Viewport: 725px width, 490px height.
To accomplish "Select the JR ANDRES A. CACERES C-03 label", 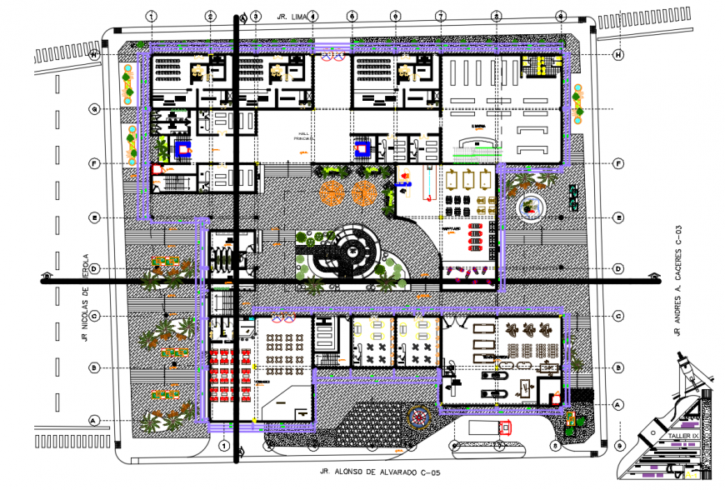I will tap(679, 280).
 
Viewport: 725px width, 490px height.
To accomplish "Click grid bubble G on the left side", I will tap(95, 109).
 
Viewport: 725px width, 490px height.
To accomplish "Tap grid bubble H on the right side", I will tap(617, 55).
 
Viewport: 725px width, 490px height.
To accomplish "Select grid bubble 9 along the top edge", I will tap(561, 16).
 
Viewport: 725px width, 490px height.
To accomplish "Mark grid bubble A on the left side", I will tap(95, 420).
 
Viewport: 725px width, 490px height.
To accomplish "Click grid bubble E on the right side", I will tap(617, 217).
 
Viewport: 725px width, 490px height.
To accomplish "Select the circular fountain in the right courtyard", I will tap(530, 207).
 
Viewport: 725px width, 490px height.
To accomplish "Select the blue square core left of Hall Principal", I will tap(182, 149).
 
